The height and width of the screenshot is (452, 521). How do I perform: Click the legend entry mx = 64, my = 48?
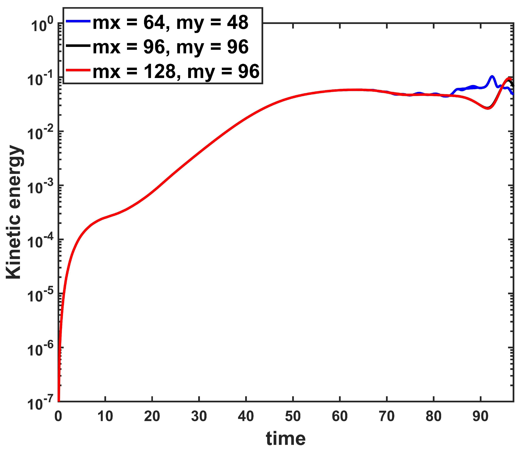(171, 23)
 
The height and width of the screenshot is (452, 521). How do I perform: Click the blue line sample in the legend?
(78, 21)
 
